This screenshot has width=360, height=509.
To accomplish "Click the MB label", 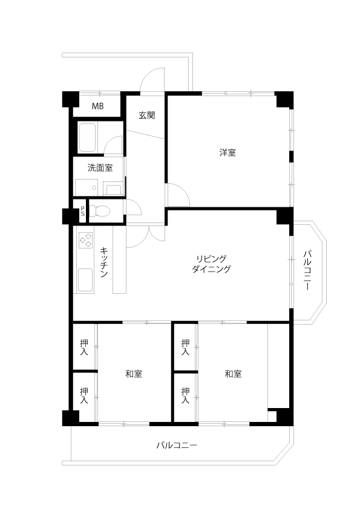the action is [97, 106].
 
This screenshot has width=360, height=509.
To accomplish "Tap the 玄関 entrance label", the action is [147, 115].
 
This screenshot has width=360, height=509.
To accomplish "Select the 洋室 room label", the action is [227, 152].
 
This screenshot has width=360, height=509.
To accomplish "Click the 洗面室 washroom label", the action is [100, 168].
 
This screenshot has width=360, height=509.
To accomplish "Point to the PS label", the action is [83, 211].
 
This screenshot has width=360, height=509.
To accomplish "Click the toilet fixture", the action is [100, 212].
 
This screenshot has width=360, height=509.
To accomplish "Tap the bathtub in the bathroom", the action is [87, 137].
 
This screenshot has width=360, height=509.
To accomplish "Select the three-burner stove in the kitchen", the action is [86, 240].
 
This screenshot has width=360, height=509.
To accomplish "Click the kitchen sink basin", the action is [85, 280].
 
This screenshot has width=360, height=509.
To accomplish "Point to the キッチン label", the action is [104, 262].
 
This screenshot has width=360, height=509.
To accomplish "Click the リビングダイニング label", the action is [211, 264].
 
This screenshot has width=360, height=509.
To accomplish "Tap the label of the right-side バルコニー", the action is [307, 270].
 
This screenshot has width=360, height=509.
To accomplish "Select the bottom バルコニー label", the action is [177, 445].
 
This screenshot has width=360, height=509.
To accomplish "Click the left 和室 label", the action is [134, 374].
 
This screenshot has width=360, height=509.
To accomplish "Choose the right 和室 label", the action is [234, 374].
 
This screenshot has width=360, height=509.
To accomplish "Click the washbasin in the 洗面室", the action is [113, 189].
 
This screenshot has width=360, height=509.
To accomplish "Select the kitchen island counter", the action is [120, 260].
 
